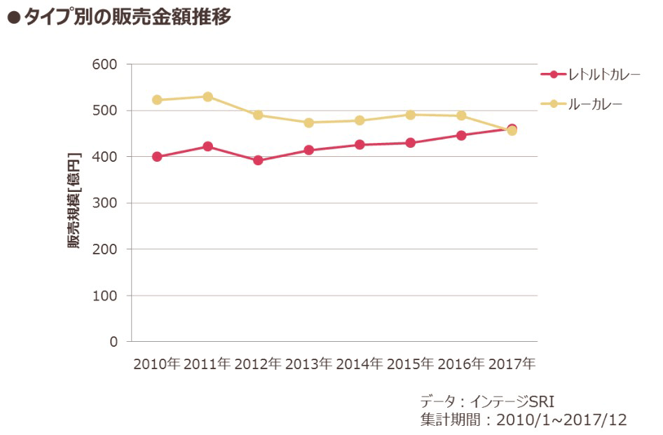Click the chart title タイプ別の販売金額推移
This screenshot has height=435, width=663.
point(126,18)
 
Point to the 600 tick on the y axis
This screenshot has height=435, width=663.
point(105,64)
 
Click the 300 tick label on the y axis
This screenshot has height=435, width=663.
point(105,203)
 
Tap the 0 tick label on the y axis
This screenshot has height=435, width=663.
point(114,342)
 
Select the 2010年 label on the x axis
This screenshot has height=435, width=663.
point(157,364)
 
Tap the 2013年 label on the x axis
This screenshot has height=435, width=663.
point(309,364)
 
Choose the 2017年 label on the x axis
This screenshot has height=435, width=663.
point(512,364)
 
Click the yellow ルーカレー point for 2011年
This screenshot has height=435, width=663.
point(207,97)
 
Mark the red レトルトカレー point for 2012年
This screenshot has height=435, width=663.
point(258,160)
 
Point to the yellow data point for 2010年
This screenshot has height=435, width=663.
point(157,100)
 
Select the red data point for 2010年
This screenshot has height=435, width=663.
point(157,157)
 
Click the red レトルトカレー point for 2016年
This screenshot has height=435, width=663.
point(461,135)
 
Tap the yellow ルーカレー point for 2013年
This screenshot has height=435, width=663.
point(309,123)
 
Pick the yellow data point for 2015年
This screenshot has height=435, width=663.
point(410,115)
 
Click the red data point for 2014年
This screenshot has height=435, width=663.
point(360,145)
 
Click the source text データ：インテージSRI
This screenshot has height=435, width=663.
point(486,401)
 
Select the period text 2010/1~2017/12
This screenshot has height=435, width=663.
point(561,420)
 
